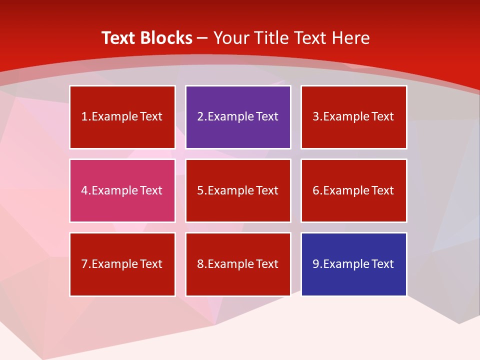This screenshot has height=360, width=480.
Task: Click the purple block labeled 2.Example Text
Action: click(x=238, y=117)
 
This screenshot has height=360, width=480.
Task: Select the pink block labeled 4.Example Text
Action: click(x=122, y=190)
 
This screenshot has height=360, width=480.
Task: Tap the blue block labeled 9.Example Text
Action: click(x=353, y=264)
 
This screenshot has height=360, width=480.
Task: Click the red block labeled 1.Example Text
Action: click(x=122, y=117)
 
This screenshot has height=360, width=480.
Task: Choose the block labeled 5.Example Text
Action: click(x=238, y=190)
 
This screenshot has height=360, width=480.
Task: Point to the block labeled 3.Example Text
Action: click(x=353, y=117)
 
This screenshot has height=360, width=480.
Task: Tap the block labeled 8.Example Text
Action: click(x=238, y=264)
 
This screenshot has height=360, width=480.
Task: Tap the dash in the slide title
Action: click(x=202, y=38)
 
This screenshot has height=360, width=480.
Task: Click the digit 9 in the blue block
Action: click(x=316, y=264)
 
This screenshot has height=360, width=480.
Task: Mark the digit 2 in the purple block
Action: click(x=200, y=117)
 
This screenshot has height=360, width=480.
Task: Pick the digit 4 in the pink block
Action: click(x=84, y=190)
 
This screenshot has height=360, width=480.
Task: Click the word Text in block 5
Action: click(x=267, y=190)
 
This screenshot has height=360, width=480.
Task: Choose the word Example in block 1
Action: click(x=114, y=117)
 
